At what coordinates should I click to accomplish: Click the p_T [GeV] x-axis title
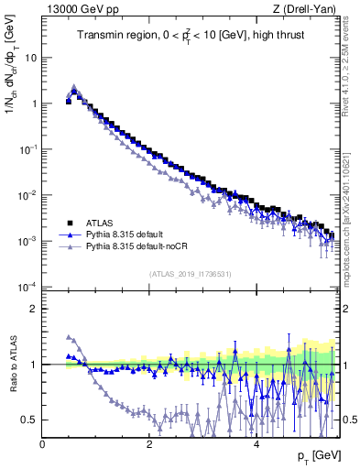313,455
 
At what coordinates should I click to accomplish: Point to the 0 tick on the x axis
42,444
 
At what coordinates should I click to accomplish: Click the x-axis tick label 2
148,444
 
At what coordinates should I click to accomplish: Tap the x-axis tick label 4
256,444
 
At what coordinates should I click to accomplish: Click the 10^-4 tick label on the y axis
27,287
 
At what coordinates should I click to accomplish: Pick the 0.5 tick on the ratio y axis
27,420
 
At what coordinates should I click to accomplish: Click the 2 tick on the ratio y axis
33,309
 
